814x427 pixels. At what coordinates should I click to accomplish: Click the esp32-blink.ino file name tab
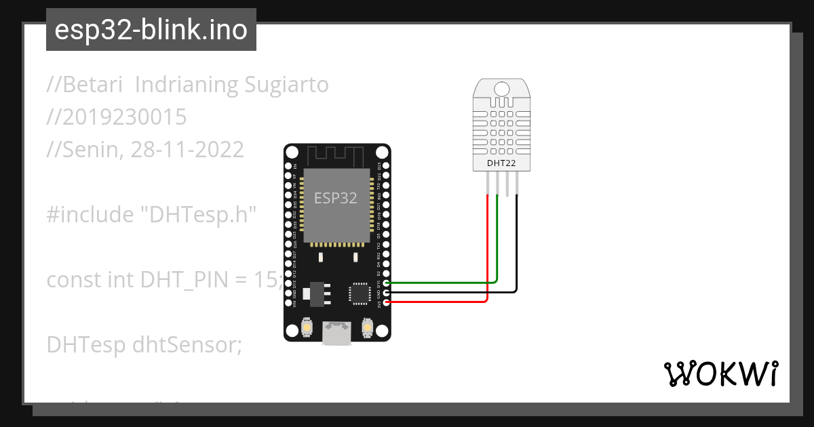coord(151,30)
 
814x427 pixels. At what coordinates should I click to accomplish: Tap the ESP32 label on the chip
coord(336,197)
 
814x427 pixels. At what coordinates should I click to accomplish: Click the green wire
coord(497,244)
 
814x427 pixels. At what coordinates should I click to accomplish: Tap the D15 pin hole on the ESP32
coord(387,283)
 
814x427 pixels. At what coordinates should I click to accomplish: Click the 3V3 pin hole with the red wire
coord(387,302)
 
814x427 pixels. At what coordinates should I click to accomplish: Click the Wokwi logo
coord(720,373)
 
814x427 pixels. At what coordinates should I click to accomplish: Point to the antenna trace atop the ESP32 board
coord(336,156)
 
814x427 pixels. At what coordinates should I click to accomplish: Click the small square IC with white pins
coord(358,293)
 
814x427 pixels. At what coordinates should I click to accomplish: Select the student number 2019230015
coord(117,117)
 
